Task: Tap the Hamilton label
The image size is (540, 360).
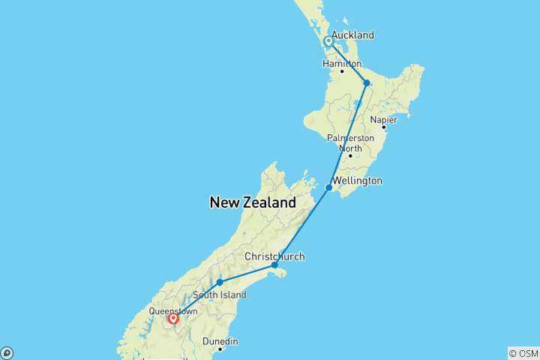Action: (342, 64)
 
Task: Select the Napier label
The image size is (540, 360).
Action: (383, 119)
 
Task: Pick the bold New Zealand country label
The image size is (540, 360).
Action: (253, 202)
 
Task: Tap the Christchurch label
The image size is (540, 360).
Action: (274, 256)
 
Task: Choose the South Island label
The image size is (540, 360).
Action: (220, 295)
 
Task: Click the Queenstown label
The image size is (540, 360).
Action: (173, 310)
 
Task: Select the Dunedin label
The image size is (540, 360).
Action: (220, 341)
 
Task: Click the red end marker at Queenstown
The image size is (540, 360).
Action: (173, 319)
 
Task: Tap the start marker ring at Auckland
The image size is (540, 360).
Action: (328, 42)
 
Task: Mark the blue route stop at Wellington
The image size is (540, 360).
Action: (328, 187)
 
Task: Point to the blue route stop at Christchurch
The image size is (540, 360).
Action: (274, 265)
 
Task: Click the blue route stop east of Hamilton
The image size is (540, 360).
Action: (367, 83)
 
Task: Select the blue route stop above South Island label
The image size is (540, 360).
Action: (219, 283)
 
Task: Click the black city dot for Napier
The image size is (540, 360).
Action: (383, 127)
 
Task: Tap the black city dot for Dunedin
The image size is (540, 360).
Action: (220, 349)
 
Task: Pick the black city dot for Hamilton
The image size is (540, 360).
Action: (342, 71)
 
